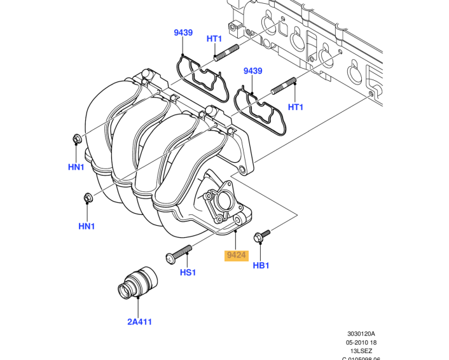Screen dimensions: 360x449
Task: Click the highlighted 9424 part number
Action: pyautogui.click(x=236, y=256)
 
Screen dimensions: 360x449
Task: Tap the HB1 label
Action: pyautogui.click(x=261, y=265)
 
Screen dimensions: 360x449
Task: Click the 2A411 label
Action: pyautogui.click(x=139, y=321)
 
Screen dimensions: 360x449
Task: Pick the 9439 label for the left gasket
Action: pyautogui.click(x=183, y=32)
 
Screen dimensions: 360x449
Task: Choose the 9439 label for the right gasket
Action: pyautogui.click(x=252, y=71)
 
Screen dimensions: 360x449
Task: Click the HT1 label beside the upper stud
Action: pyautogui.click(x=214, y=39)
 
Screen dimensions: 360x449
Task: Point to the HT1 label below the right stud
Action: pyautogui.click(x=296, y=107)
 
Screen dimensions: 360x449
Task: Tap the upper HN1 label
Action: pyautogui.click(x=76, y=167)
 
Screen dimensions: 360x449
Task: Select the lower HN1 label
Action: pyautogui.click(x=86, y=226)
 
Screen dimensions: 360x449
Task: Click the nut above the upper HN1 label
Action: pyautogui.click(x=76, y=139)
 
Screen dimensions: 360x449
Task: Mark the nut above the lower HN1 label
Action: pyautogui.click(x=87, y=199)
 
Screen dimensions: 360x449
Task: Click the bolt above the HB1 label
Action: pyautogui.click(x=261, y=237)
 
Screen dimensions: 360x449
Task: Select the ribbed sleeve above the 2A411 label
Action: pyautogui.click(x=135, y=286)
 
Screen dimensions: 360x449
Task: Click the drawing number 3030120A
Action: pyautogui.click(x=361, y=333)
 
